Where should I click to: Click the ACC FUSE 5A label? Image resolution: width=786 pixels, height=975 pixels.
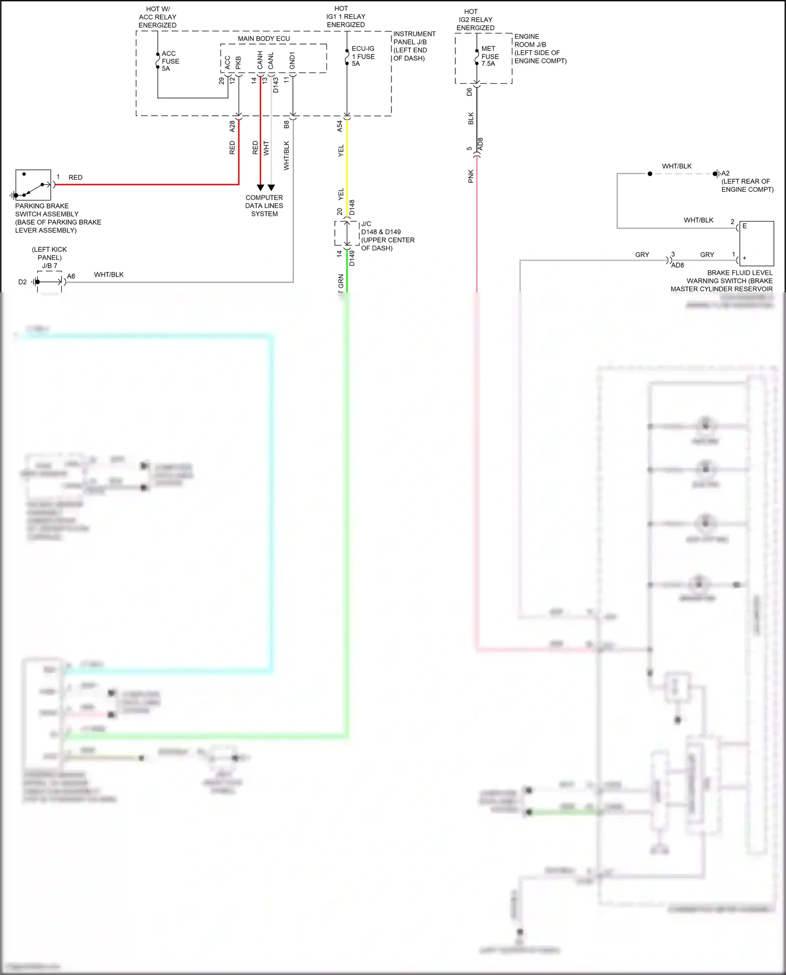[170, 61]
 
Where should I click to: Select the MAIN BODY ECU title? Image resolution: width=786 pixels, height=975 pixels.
[264, 38]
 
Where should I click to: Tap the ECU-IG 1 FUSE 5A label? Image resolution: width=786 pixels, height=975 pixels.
[363, 56]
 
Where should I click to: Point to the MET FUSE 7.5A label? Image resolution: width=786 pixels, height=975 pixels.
[490, 56]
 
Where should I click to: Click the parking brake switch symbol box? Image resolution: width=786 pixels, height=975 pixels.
[33, 185]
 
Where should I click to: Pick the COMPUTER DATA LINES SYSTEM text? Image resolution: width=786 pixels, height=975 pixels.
[264, 205]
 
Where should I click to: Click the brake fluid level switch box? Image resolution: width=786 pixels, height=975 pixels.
[756, 243]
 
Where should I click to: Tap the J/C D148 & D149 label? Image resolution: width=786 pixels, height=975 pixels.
[387, 236]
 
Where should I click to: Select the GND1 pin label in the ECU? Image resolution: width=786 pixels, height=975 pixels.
[292, 60]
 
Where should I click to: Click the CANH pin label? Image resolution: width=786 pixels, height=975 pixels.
[260, 60]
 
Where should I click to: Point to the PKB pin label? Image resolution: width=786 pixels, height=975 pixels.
[238, 62]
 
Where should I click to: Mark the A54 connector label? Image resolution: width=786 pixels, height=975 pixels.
[340, 126]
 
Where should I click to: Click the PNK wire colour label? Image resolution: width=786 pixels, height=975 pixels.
[471, 176]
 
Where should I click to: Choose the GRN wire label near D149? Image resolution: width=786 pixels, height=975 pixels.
[341, 281]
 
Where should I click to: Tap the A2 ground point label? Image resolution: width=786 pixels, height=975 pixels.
[726, 173]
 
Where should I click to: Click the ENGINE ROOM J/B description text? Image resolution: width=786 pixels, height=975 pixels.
[540, 49]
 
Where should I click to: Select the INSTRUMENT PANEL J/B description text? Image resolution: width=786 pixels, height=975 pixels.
[414, 46]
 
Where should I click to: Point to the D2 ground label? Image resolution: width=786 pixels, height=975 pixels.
[23, 282]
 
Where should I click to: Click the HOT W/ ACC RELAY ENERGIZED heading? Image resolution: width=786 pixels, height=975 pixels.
[157, 17]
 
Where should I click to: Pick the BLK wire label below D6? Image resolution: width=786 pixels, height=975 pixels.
[471, 118]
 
